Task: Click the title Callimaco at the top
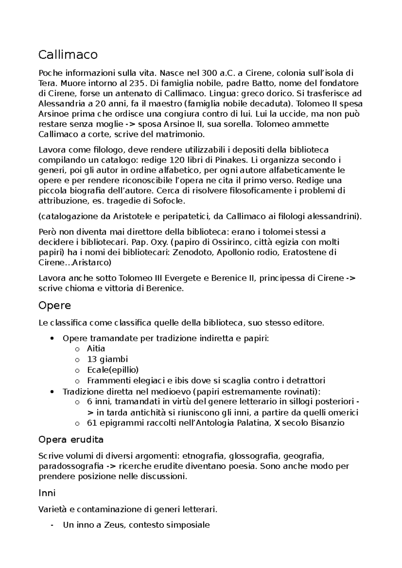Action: pos(68,55)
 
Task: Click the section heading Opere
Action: pos(55,306)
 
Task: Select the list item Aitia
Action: pos(96,349)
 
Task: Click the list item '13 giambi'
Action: pos(107,359)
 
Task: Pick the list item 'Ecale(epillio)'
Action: pos(113,370)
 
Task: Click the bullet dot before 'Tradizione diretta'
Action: pos(51,392)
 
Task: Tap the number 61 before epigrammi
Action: pos(91,423)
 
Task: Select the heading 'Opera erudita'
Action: pos(71,439)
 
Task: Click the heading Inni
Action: pos(47,493)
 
